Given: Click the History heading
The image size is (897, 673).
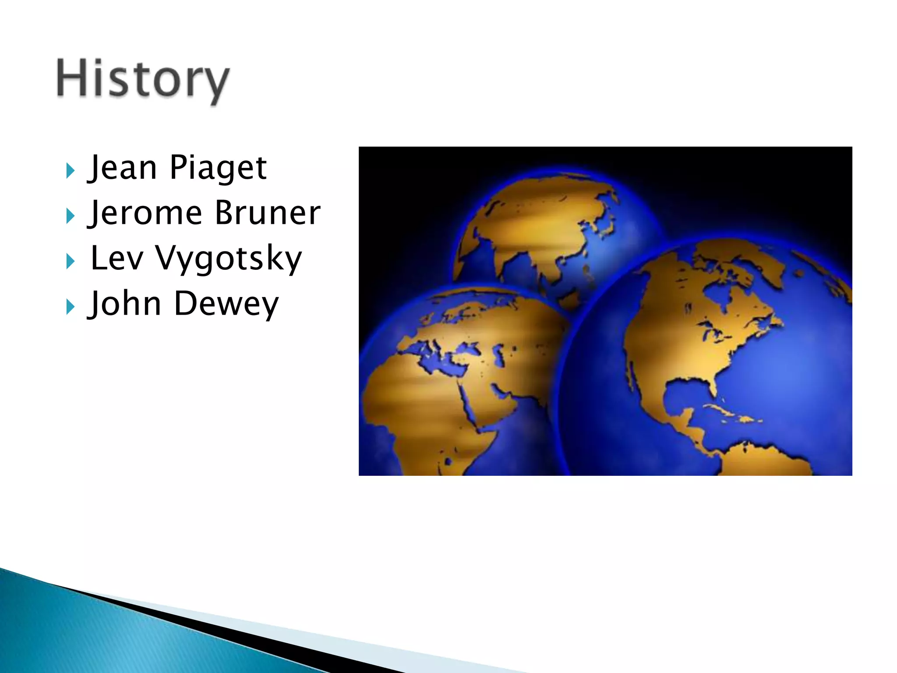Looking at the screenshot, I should [x=143, y=80].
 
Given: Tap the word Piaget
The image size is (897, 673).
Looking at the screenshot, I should [x=218, y=168].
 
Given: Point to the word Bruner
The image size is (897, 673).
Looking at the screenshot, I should [x=268, y=213].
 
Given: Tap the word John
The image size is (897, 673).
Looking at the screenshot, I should [x=125, y=304].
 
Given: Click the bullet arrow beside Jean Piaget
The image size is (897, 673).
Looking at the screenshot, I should [x=70, y=170].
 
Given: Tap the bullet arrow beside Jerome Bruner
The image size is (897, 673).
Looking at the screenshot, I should [x=70, y=216].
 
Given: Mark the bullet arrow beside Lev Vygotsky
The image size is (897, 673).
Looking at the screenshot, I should [x=70, y=262].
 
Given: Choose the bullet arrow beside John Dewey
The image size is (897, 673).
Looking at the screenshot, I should [x=70, y=307].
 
